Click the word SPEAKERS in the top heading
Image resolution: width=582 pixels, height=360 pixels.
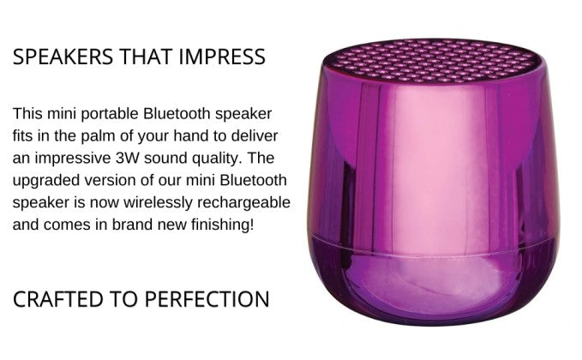point(63,57)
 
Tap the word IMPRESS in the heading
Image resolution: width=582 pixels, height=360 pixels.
point(222,57)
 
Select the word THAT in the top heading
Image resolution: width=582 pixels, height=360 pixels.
point(146,57)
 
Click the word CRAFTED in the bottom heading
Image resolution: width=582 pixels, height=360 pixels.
point(58,299)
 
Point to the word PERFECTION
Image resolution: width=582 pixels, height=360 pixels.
point(207,299)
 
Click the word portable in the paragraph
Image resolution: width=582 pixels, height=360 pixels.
point(110,114)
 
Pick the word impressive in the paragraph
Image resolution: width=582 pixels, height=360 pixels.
point(73,159)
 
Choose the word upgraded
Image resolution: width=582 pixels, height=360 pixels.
point(46,181)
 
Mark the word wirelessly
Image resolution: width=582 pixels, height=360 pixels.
point(158,203)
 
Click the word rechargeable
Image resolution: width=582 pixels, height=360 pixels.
point(243,203)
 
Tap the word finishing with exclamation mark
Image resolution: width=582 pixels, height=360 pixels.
point(222,225)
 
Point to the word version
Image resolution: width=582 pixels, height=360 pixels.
point(105,180)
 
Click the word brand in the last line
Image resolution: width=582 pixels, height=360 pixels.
point(131,225)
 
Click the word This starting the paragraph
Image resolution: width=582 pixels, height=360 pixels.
point(27,113)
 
